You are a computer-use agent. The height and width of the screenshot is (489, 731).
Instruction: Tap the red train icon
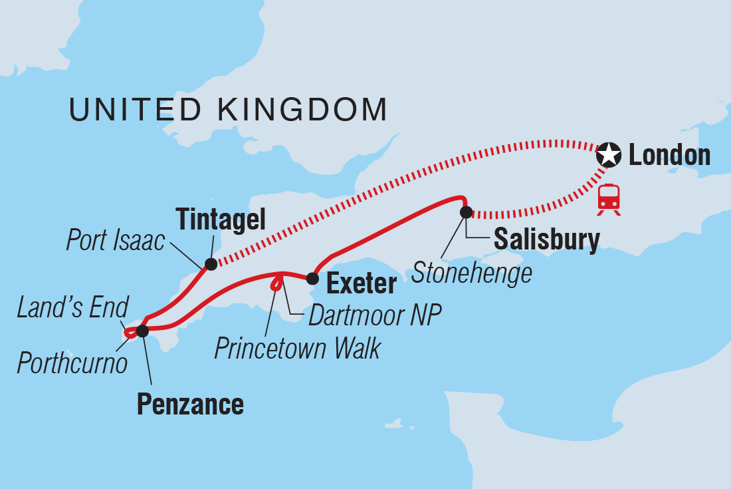[609, 198]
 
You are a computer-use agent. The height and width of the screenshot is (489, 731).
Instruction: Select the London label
[669, 156]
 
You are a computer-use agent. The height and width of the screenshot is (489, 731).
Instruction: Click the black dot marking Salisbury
[466, 212]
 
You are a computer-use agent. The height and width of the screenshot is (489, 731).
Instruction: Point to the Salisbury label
[547, 239]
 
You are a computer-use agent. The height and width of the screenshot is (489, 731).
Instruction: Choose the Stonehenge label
[472, 273]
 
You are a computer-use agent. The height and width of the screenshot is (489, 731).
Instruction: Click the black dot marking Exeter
[312, 277]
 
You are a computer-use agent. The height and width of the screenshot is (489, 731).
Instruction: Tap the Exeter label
[362, 284]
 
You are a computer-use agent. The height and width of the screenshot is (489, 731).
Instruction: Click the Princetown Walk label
[298, 349]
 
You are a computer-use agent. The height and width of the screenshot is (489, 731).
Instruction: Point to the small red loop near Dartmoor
[275, 285]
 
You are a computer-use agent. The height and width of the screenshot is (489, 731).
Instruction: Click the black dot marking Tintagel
[211, 264]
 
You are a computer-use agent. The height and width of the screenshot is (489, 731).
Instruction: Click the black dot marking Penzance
[142, 330]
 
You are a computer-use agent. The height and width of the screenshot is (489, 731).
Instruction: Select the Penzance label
[190, 405]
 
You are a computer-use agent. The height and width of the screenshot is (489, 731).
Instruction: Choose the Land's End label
[72, 308]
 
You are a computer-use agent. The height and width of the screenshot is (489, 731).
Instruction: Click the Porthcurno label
[72, 363]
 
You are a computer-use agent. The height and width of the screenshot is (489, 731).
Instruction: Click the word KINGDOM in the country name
[298, 110]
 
